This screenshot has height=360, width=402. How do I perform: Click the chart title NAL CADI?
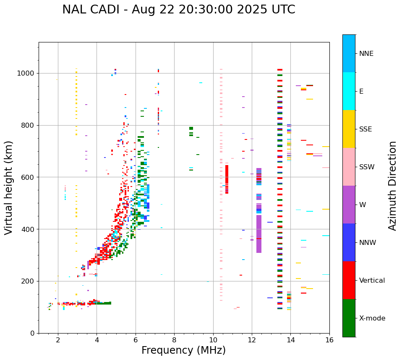point(178,10)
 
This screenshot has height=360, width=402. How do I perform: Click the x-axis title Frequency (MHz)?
point(183,350)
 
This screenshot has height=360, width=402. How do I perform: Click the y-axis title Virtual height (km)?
point(9,187)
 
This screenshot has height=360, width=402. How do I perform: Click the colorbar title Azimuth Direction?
point(392,186)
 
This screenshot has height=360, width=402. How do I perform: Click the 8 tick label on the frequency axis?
point(174,340)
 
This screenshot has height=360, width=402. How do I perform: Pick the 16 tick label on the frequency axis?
point(329,340)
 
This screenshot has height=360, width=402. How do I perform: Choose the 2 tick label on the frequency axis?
point(58,340)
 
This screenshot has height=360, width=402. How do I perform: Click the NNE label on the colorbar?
point(366,54)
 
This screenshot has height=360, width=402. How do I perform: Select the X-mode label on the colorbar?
point(372,318)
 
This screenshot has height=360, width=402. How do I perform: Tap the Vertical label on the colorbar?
point(372,281)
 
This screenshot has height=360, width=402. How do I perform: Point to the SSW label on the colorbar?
point(367,167)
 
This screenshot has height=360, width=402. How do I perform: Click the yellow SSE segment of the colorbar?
point(349,129)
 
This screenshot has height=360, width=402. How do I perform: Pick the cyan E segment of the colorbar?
point(349,91)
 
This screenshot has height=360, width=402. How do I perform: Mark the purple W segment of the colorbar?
point(349,205)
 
